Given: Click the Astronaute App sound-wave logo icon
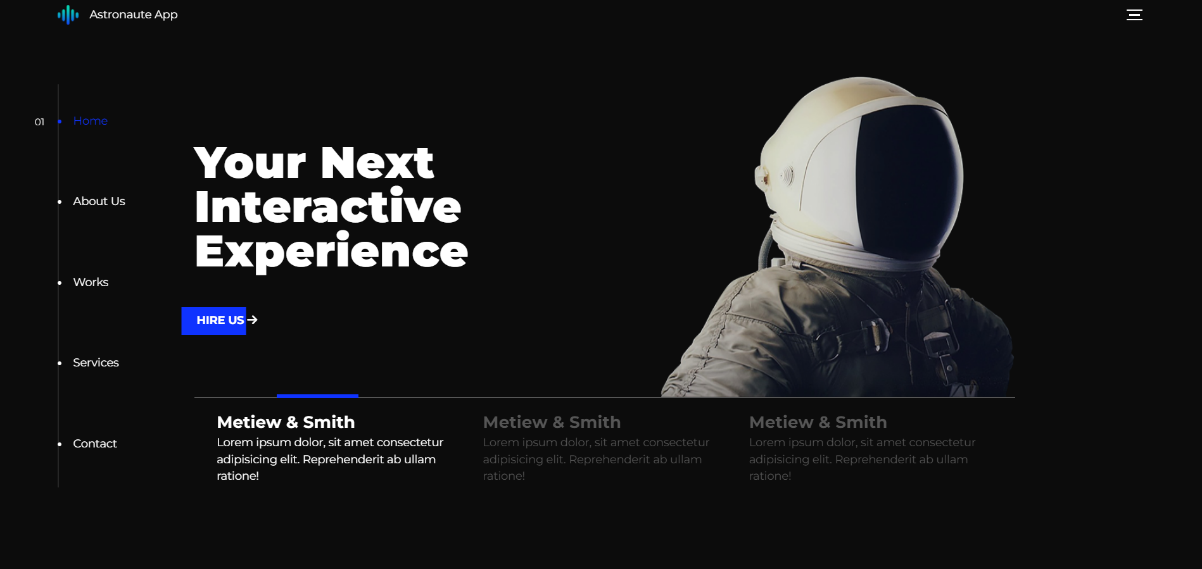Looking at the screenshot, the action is tap(68, 15).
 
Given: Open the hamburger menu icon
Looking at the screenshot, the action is tap(1134, 15).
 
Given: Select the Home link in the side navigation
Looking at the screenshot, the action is tap(90, 121).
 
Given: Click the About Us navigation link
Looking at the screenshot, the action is tap(99, 201).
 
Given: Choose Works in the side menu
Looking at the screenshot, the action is tap(91, 282).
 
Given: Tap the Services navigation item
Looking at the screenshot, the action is tap(96, 363).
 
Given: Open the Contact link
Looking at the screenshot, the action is tap(95, 444).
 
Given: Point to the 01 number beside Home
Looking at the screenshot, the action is tap(39, 122).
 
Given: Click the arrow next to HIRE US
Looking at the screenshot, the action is tap(252, 320).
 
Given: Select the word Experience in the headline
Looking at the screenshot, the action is tap(331, 252).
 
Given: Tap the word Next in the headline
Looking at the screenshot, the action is tap(377, 163).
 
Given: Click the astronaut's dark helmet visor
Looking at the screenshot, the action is tap(906, 180).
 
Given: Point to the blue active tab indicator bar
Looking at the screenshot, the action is tap(317, 396).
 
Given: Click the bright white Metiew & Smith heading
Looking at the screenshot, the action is tap(286, 422).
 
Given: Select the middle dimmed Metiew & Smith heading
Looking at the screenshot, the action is tap(552, 422).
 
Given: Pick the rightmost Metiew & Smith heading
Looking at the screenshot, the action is tap(818, 422).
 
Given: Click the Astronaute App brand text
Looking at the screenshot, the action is tap(134, 15).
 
